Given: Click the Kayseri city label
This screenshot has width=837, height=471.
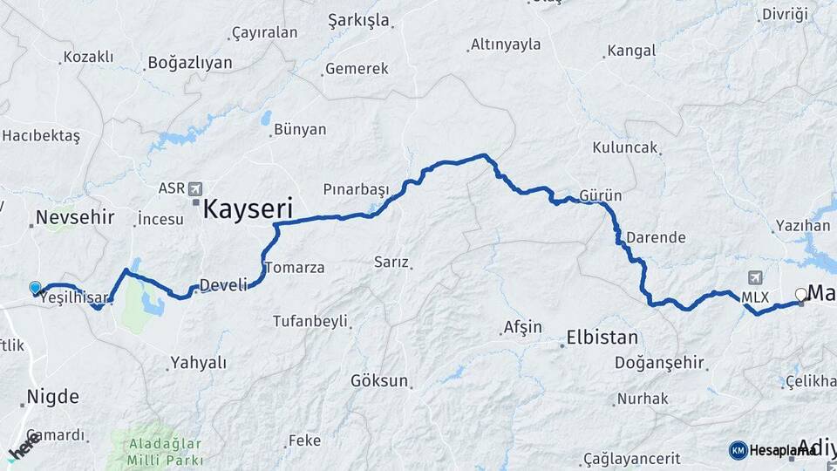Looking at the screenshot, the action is click(248, 208).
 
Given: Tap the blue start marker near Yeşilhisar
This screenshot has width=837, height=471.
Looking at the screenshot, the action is click(35, 287).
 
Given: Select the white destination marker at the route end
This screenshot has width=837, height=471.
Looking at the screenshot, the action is click(800, 295).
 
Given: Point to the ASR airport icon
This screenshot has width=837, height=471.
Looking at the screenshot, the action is click(194, 188).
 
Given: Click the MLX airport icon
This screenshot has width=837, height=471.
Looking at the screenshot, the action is click(754, 277).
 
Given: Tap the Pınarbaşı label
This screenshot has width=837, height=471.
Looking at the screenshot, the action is click(355, 189).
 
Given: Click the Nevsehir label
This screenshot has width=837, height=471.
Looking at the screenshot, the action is click(75, 217).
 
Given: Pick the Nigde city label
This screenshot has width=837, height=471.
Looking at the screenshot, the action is click(52, 397).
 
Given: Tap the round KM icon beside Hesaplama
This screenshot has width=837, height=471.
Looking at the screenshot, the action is click(738, 449).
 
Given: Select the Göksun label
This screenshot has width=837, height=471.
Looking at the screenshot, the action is click(379, 381).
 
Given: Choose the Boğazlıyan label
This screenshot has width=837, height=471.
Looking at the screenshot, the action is click(190, 63).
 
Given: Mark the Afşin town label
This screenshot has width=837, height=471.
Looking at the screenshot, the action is click(522, 328).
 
